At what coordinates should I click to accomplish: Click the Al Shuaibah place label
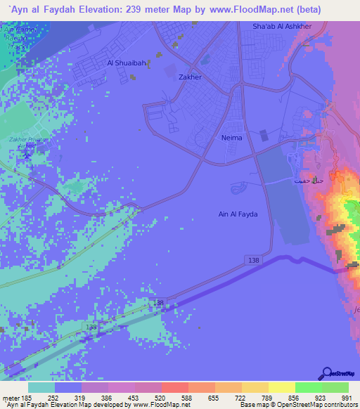tap(127, 63)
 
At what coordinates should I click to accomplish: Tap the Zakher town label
tap(191, 77)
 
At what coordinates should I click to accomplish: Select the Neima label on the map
tap(231, 138)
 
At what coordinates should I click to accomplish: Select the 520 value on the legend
tap(160, 397)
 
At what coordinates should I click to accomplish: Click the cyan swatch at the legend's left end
tap(41, 387)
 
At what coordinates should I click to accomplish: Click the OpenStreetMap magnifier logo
tap(327, 374)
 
